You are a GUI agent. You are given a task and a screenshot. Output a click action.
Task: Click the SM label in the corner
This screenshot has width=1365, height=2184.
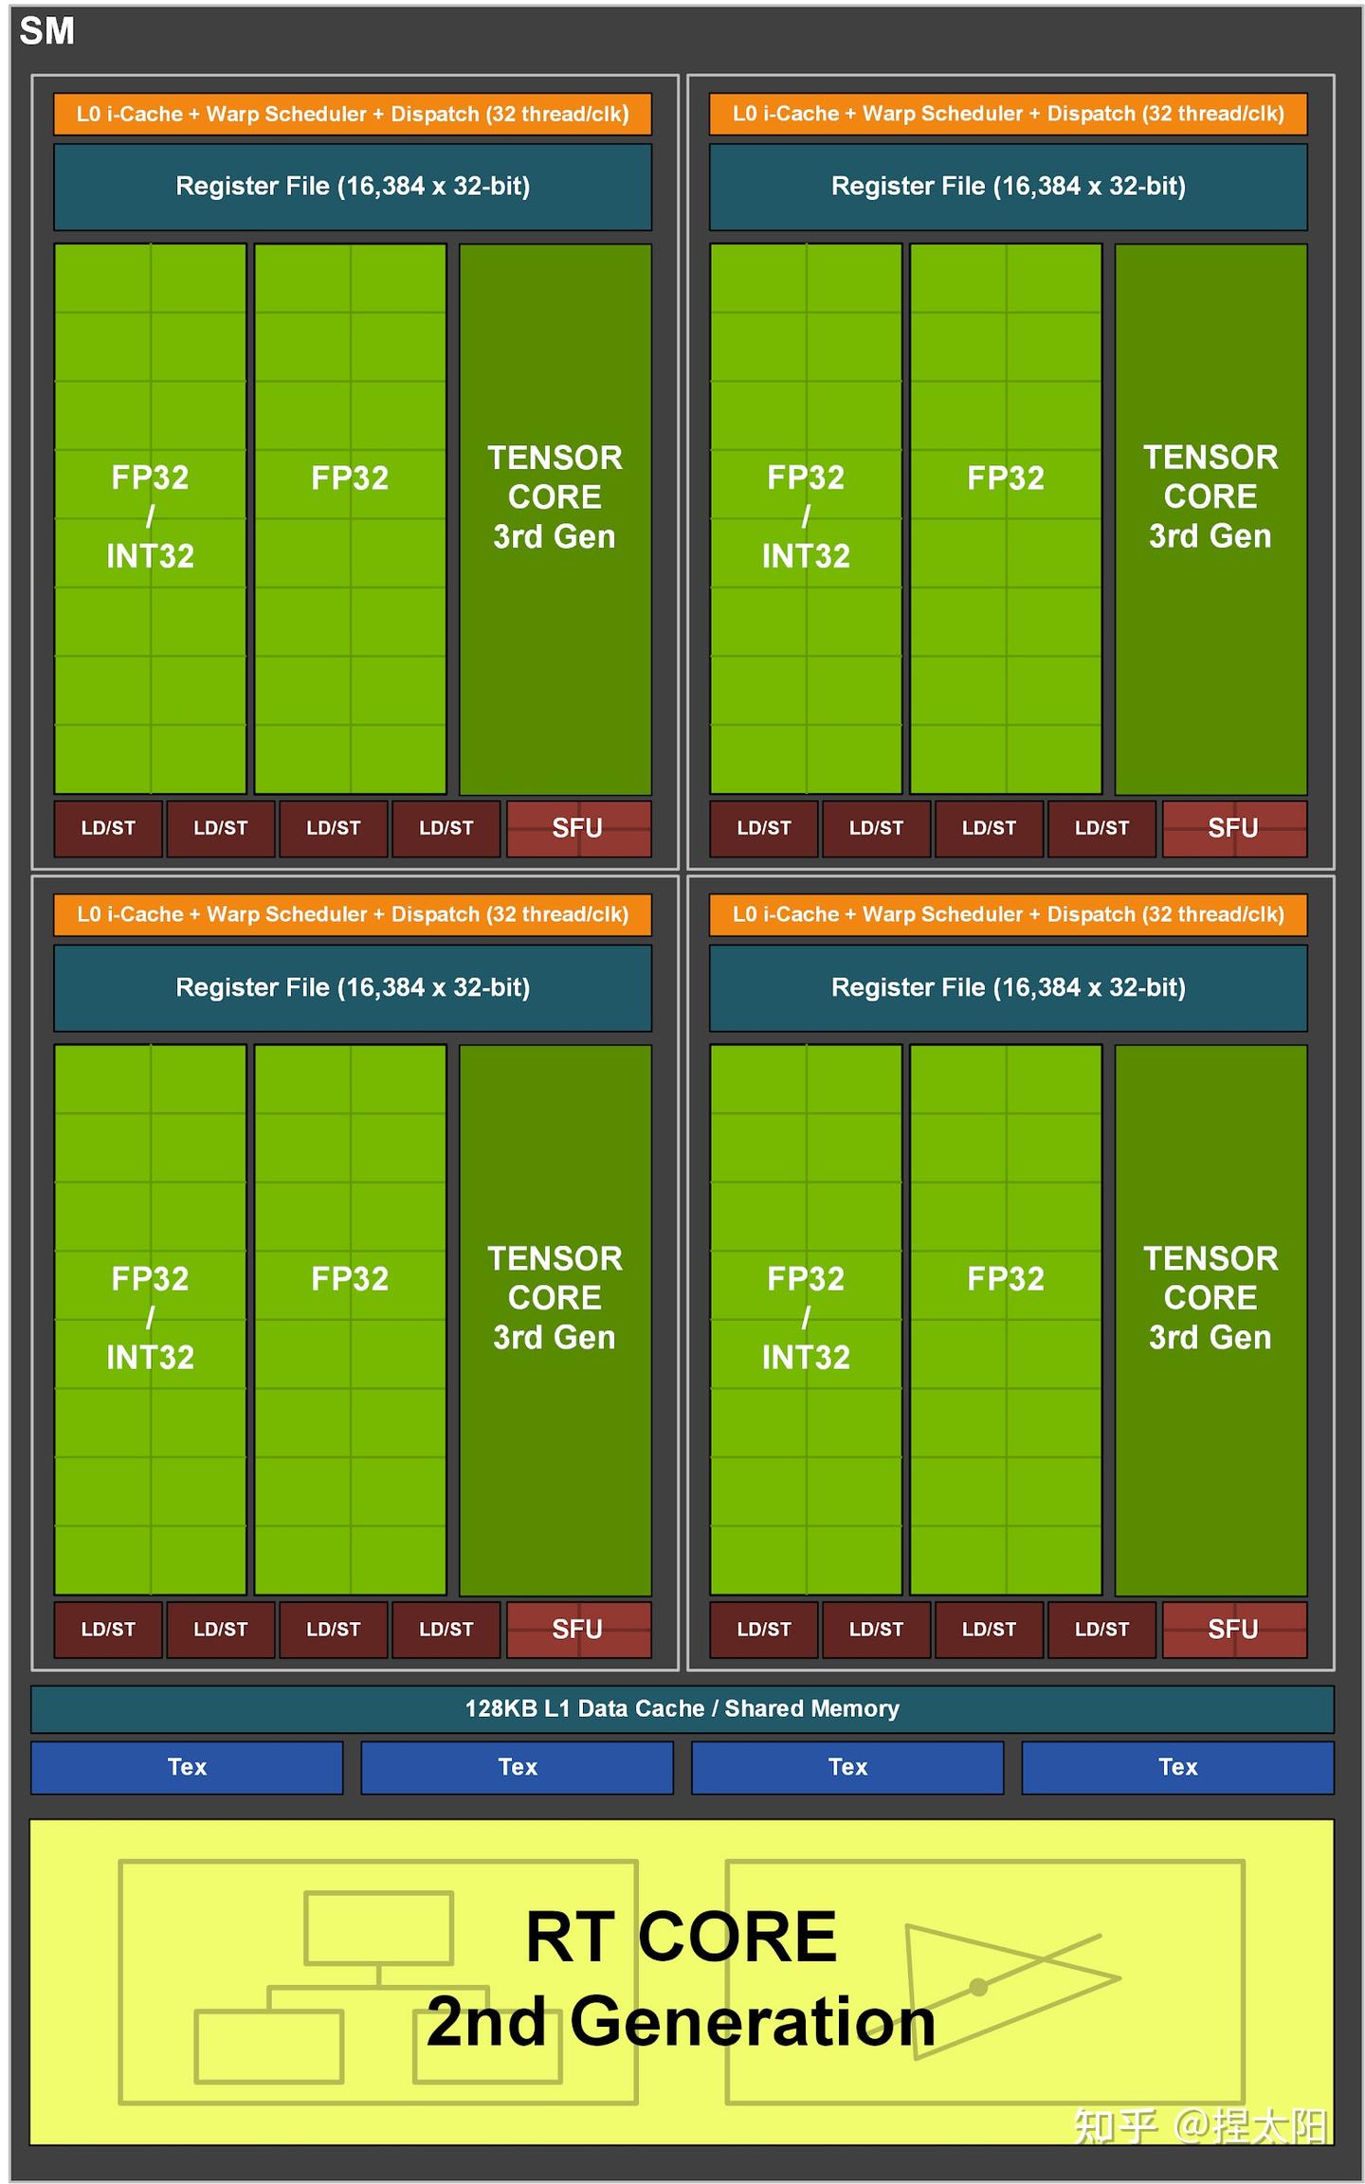(46, 31)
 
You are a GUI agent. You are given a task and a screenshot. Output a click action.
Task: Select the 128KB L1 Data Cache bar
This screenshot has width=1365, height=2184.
(682, 1707)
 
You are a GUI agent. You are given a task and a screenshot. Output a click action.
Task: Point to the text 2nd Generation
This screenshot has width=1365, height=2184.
(681, 2020)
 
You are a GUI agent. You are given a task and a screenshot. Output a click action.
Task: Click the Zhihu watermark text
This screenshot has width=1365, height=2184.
(1198, 2125)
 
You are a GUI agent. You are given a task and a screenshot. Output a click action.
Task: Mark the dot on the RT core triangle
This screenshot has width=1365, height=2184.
(978, 1987)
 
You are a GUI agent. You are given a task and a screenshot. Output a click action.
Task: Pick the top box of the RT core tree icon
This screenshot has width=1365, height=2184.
(378, 1927)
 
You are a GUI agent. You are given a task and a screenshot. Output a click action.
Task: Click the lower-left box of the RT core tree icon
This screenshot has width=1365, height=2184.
(268, 2046)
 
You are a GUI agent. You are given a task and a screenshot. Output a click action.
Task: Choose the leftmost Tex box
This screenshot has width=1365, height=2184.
(187, 1766)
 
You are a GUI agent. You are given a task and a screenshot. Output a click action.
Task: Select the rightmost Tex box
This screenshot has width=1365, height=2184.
(1177, 1766)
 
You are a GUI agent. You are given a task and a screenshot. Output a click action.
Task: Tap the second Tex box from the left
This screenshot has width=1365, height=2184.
(517, 1766)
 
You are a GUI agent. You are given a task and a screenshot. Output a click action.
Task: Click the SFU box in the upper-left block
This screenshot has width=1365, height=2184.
(578, 828)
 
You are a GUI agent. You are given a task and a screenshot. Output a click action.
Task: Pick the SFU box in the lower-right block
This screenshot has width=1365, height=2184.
(1233, 1629)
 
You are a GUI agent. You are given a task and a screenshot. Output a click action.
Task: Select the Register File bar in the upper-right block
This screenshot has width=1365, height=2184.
(1008, 187)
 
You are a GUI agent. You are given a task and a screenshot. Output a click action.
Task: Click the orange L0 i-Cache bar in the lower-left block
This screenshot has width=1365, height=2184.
(353, 914)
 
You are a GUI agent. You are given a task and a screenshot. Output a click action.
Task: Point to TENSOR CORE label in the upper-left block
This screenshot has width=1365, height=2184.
(555, 496)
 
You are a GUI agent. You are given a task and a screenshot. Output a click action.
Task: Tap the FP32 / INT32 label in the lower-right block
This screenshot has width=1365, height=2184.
(806, 1317)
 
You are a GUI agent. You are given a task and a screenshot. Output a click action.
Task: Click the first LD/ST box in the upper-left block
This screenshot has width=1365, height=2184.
(108, 828)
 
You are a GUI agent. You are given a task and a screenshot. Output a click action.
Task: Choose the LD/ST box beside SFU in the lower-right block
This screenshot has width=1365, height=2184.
(1101, 1629)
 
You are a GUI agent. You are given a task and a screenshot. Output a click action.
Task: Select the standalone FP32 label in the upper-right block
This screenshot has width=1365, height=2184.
(1005, 478)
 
